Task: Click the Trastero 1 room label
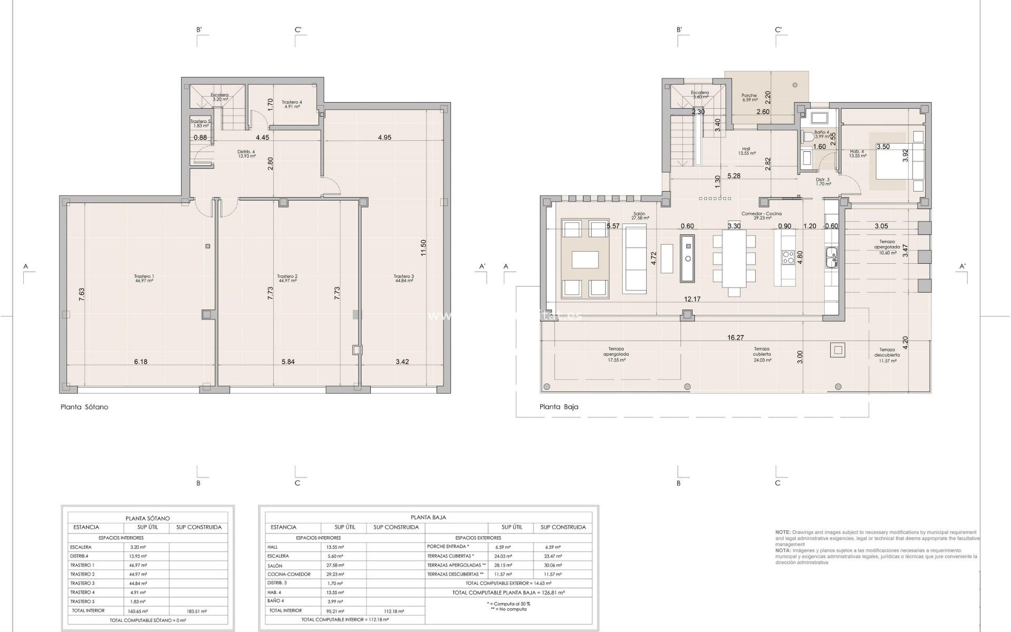(x=144, y=279)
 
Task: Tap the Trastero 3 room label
(x=403, y=279)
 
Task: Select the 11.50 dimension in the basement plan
(x=423, y=248)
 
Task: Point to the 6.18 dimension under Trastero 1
(x=141, y=362)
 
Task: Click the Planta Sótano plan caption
(x=84, y=407)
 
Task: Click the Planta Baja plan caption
(x=559, y=407)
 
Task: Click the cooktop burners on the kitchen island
(x=789, y=258)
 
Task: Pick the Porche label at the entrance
(x=749, y=97)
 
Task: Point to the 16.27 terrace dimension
(x=736, y=338)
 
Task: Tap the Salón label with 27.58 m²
(x=640, y=216)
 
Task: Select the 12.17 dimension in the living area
(x=692, y=299)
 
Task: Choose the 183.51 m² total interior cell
(x=198, y=611)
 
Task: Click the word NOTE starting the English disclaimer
(x=782, y=532)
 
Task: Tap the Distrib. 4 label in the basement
(x=246, y=154)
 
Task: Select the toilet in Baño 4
(x=808, y=137)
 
